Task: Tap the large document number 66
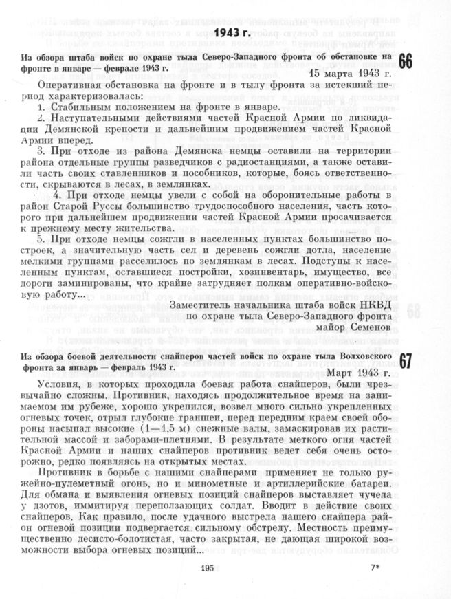pyautogui.click(x=405, y=61)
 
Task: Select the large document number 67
pyautogui.click(x=405, y=362)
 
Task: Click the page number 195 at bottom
pyautogui.click(x=209, y=568)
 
